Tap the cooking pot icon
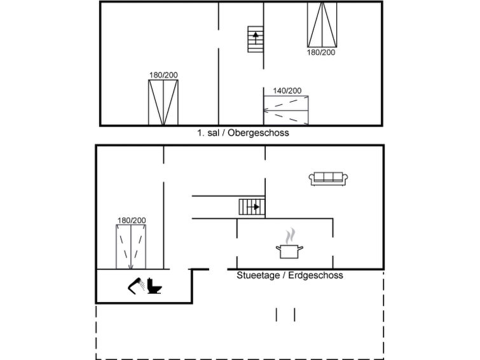pyautogui.click(x=289, y=251)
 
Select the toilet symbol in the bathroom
pyautogui.click(x=154, y=286)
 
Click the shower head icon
pyautogui.click(x=135, y=286)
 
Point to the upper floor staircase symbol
pyautogui.click(x=255, y=39)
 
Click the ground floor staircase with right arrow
pyautogui.click(x=252, y=207)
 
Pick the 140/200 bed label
pyautogui.click(x=287, y=91)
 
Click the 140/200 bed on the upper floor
pyautogui.click(x=287, y=110)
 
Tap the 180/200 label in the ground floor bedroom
pyautogui.click(x=132, y=221)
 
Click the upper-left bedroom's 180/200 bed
pyautogui.click(x=163, y=102)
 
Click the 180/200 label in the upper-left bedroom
pyautogui.click(x=163, y=75)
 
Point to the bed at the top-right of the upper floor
pyautogui.click(x=322, y=24)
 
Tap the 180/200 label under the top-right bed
pyautogui.click(x=321, y=52)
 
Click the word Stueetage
pyautogui.click(x=257, y=275)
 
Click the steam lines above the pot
pyautogui.click(x=291, y=236)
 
